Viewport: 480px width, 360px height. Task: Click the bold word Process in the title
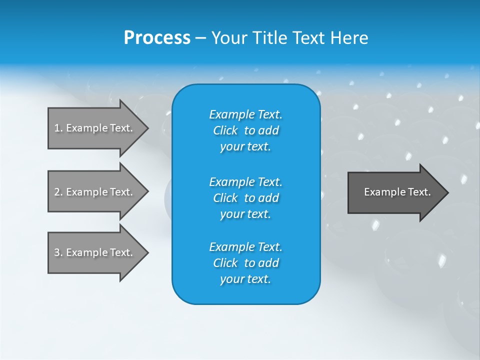(157, 37)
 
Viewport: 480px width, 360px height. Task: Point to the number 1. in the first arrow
(58, 128)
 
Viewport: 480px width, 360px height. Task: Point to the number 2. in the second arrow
(58, 192)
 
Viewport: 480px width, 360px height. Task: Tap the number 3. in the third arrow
(58, 252)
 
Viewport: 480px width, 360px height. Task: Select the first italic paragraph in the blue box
(245, 130)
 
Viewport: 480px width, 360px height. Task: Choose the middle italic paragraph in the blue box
(245, 197)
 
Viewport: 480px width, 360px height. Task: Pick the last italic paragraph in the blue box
(245, 263)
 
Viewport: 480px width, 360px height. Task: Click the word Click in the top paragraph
(225, 130)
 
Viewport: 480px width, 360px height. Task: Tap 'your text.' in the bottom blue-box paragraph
(245, 279)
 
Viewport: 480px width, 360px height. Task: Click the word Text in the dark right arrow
(419, 192)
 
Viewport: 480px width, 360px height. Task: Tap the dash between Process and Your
(200, 37)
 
